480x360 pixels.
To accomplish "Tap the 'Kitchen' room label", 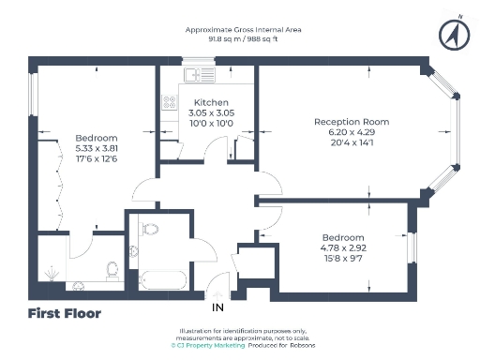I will coord(211,101).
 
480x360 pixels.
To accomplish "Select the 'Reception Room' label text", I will coord(352,122).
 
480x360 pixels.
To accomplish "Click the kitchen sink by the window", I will coord(196,73).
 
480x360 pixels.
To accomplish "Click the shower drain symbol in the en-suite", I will coord(49,275).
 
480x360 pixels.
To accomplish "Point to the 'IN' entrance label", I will coord(217,307).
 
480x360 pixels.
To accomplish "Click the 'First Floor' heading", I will coord(65,313).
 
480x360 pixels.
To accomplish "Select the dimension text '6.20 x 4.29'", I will coord(352,133).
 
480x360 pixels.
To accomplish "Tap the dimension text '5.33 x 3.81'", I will coord(97,147).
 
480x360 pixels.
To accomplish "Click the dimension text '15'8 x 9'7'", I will coord(343,258).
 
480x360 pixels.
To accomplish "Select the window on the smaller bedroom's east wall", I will coord(410,246).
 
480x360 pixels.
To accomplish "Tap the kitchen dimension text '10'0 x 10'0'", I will coord(211,123).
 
